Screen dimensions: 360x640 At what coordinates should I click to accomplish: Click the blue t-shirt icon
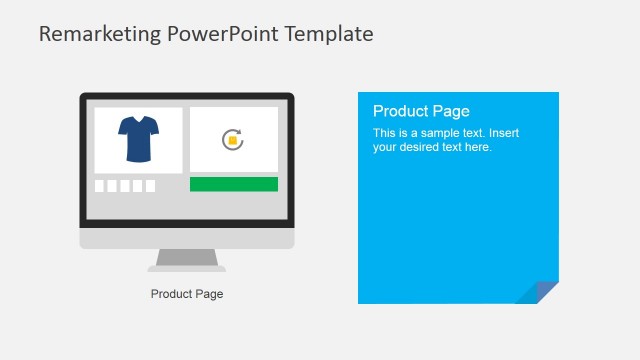point(138,139)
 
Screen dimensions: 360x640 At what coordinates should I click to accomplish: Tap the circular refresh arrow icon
point(233,140)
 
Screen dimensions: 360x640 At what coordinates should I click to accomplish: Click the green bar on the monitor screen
point(233,184)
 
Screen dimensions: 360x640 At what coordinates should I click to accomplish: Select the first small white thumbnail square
point(100,186)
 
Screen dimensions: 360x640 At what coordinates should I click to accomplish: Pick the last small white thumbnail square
point(150,186)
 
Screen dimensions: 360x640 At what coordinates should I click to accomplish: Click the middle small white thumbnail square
point(125,186)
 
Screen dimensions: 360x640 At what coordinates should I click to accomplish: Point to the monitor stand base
point(187,267)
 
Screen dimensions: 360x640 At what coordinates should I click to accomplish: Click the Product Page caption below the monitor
point(187,294)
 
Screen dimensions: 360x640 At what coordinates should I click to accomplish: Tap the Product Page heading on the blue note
point(421,111)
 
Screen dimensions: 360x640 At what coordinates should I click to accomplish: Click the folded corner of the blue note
point(541,291)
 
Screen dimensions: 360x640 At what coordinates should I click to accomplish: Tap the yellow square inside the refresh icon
point(233,140)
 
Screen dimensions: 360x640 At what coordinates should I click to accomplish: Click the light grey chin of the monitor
point(187,239)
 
